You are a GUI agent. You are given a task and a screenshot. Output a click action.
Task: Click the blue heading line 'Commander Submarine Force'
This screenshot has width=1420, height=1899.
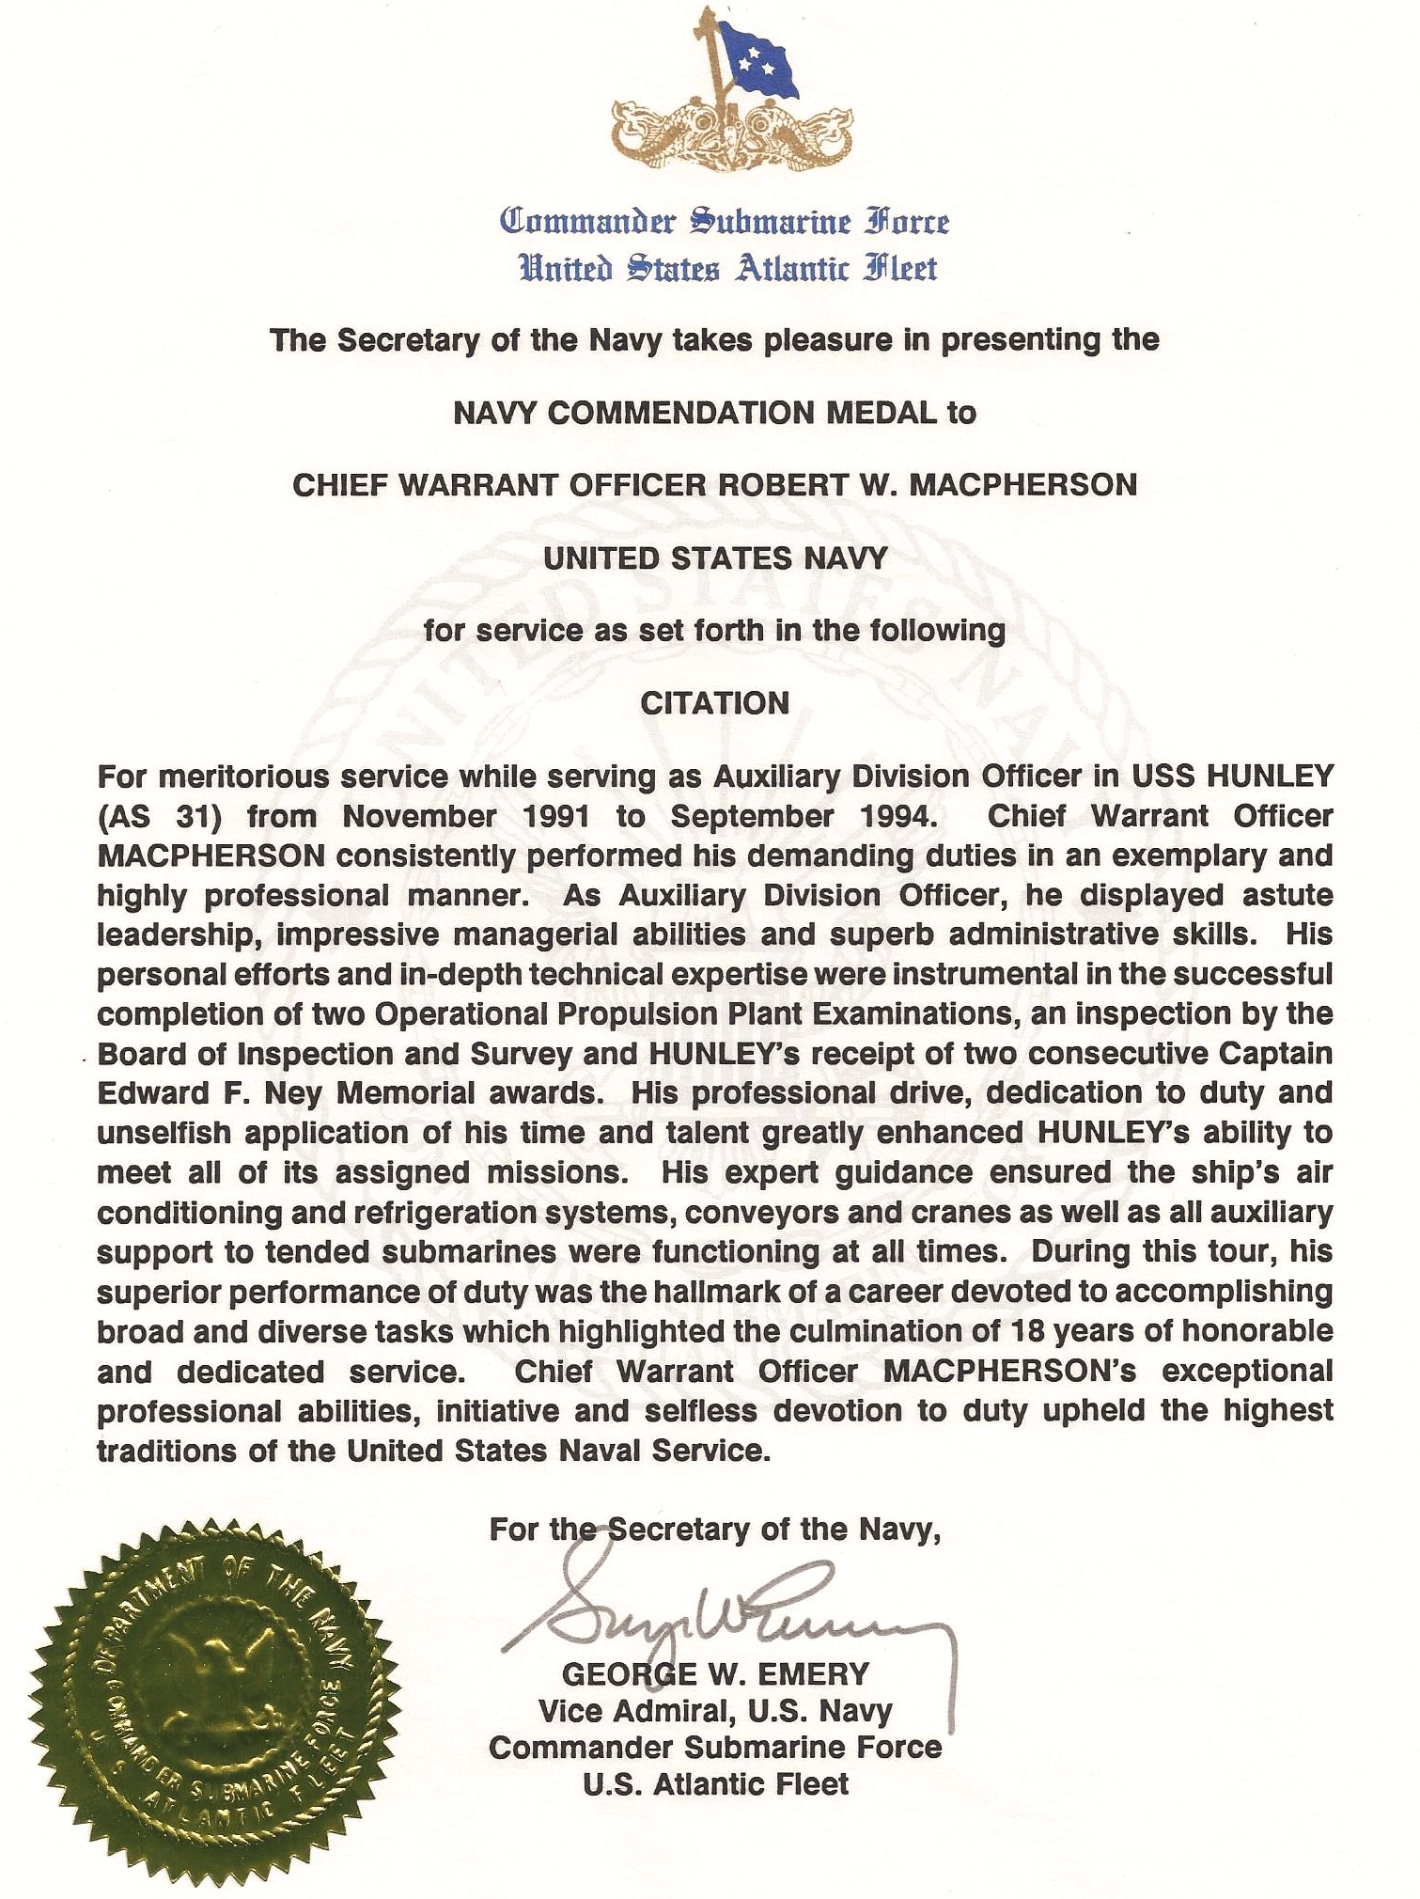tap(725, 222)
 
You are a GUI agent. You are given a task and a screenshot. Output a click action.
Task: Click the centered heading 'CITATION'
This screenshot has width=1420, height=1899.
tap(715, 703)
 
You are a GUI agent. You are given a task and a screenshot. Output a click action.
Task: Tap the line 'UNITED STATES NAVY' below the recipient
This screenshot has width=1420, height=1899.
tap(716, 558)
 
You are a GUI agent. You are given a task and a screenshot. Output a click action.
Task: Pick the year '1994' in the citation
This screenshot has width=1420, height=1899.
tap(899, 816)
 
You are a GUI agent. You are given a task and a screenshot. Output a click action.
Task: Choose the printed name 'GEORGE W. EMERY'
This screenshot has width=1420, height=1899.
tap(716, 1674)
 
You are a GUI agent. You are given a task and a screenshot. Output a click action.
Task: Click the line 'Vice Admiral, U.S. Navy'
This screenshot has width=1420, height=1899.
tap(716, 1711)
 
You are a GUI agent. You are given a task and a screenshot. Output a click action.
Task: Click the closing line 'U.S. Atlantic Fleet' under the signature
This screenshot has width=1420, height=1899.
tap(716, 1784)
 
